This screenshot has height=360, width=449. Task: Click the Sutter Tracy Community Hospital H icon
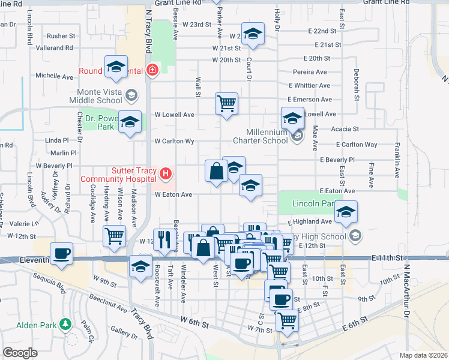tap(166, 175)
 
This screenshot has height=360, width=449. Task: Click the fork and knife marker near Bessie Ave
tap(164, 239)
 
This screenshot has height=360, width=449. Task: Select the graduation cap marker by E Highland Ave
tap(346, 211)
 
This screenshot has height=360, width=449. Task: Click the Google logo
tap(20, 352)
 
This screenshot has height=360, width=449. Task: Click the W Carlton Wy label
tap(174, 142)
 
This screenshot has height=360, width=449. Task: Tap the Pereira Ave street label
tap(310, 71)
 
